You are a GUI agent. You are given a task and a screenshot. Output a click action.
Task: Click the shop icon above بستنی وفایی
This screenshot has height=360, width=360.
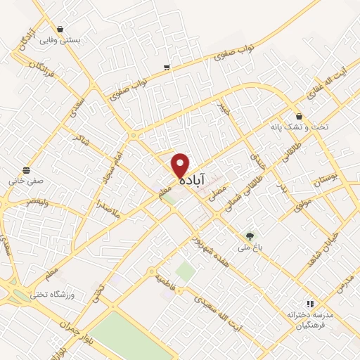[x=61, y=30]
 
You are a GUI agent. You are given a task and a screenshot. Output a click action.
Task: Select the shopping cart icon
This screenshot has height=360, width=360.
[x=167, y=67]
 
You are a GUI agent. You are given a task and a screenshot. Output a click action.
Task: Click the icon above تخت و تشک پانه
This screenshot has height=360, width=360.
[x=299, y=116]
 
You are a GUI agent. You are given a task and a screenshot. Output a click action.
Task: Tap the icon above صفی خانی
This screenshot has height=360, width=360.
[x=27, y=169]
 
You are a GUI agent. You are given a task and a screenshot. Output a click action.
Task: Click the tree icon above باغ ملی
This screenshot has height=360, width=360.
[x=249, y=236]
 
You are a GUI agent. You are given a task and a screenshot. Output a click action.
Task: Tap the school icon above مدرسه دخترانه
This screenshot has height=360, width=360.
[x=309, y=304]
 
